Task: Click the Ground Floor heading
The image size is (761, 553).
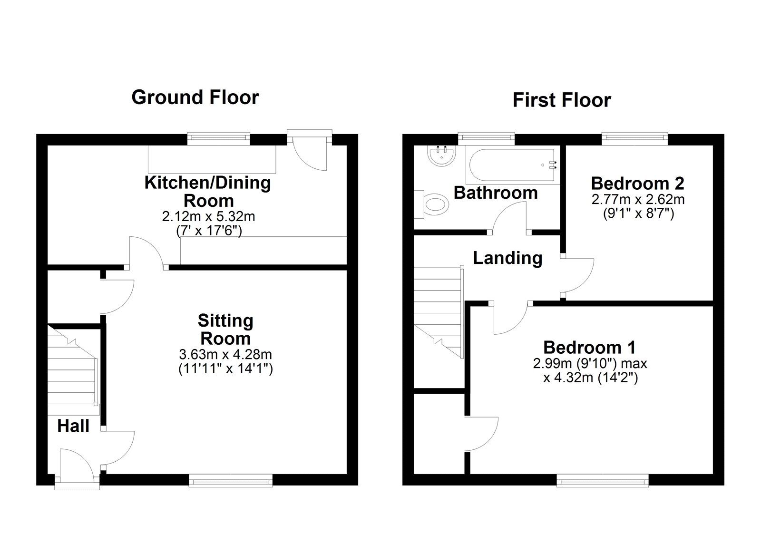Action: pos(195,97)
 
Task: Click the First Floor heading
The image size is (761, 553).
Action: pos(562,100)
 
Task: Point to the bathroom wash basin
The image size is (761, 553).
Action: pos(441,156)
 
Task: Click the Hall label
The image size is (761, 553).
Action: pos(73,426)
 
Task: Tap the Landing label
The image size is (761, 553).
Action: pos(507,258)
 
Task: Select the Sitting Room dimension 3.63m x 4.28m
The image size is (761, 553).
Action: pos(225,354)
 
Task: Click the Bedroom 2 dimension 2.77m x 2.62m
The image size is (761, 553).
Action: pos(638,199)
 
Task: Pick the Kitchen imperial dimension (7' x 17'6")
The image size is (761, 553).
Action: pos(209,231)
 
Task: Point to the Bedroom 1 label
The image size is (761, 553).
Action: pos(589,348)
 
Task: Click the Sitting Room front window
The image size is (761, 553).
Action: pos(231,481)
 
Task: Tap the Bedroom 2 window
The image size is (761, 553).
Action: pos(635,138)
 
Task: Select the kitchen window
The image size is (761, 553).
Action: pos(218,138)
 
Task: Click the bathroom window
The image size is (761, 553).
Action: pos(486,138)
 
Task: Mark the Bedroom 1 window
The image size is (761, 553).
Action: pos(602,481)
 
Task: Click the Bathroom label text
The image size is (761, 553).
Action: pos(496,193)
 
